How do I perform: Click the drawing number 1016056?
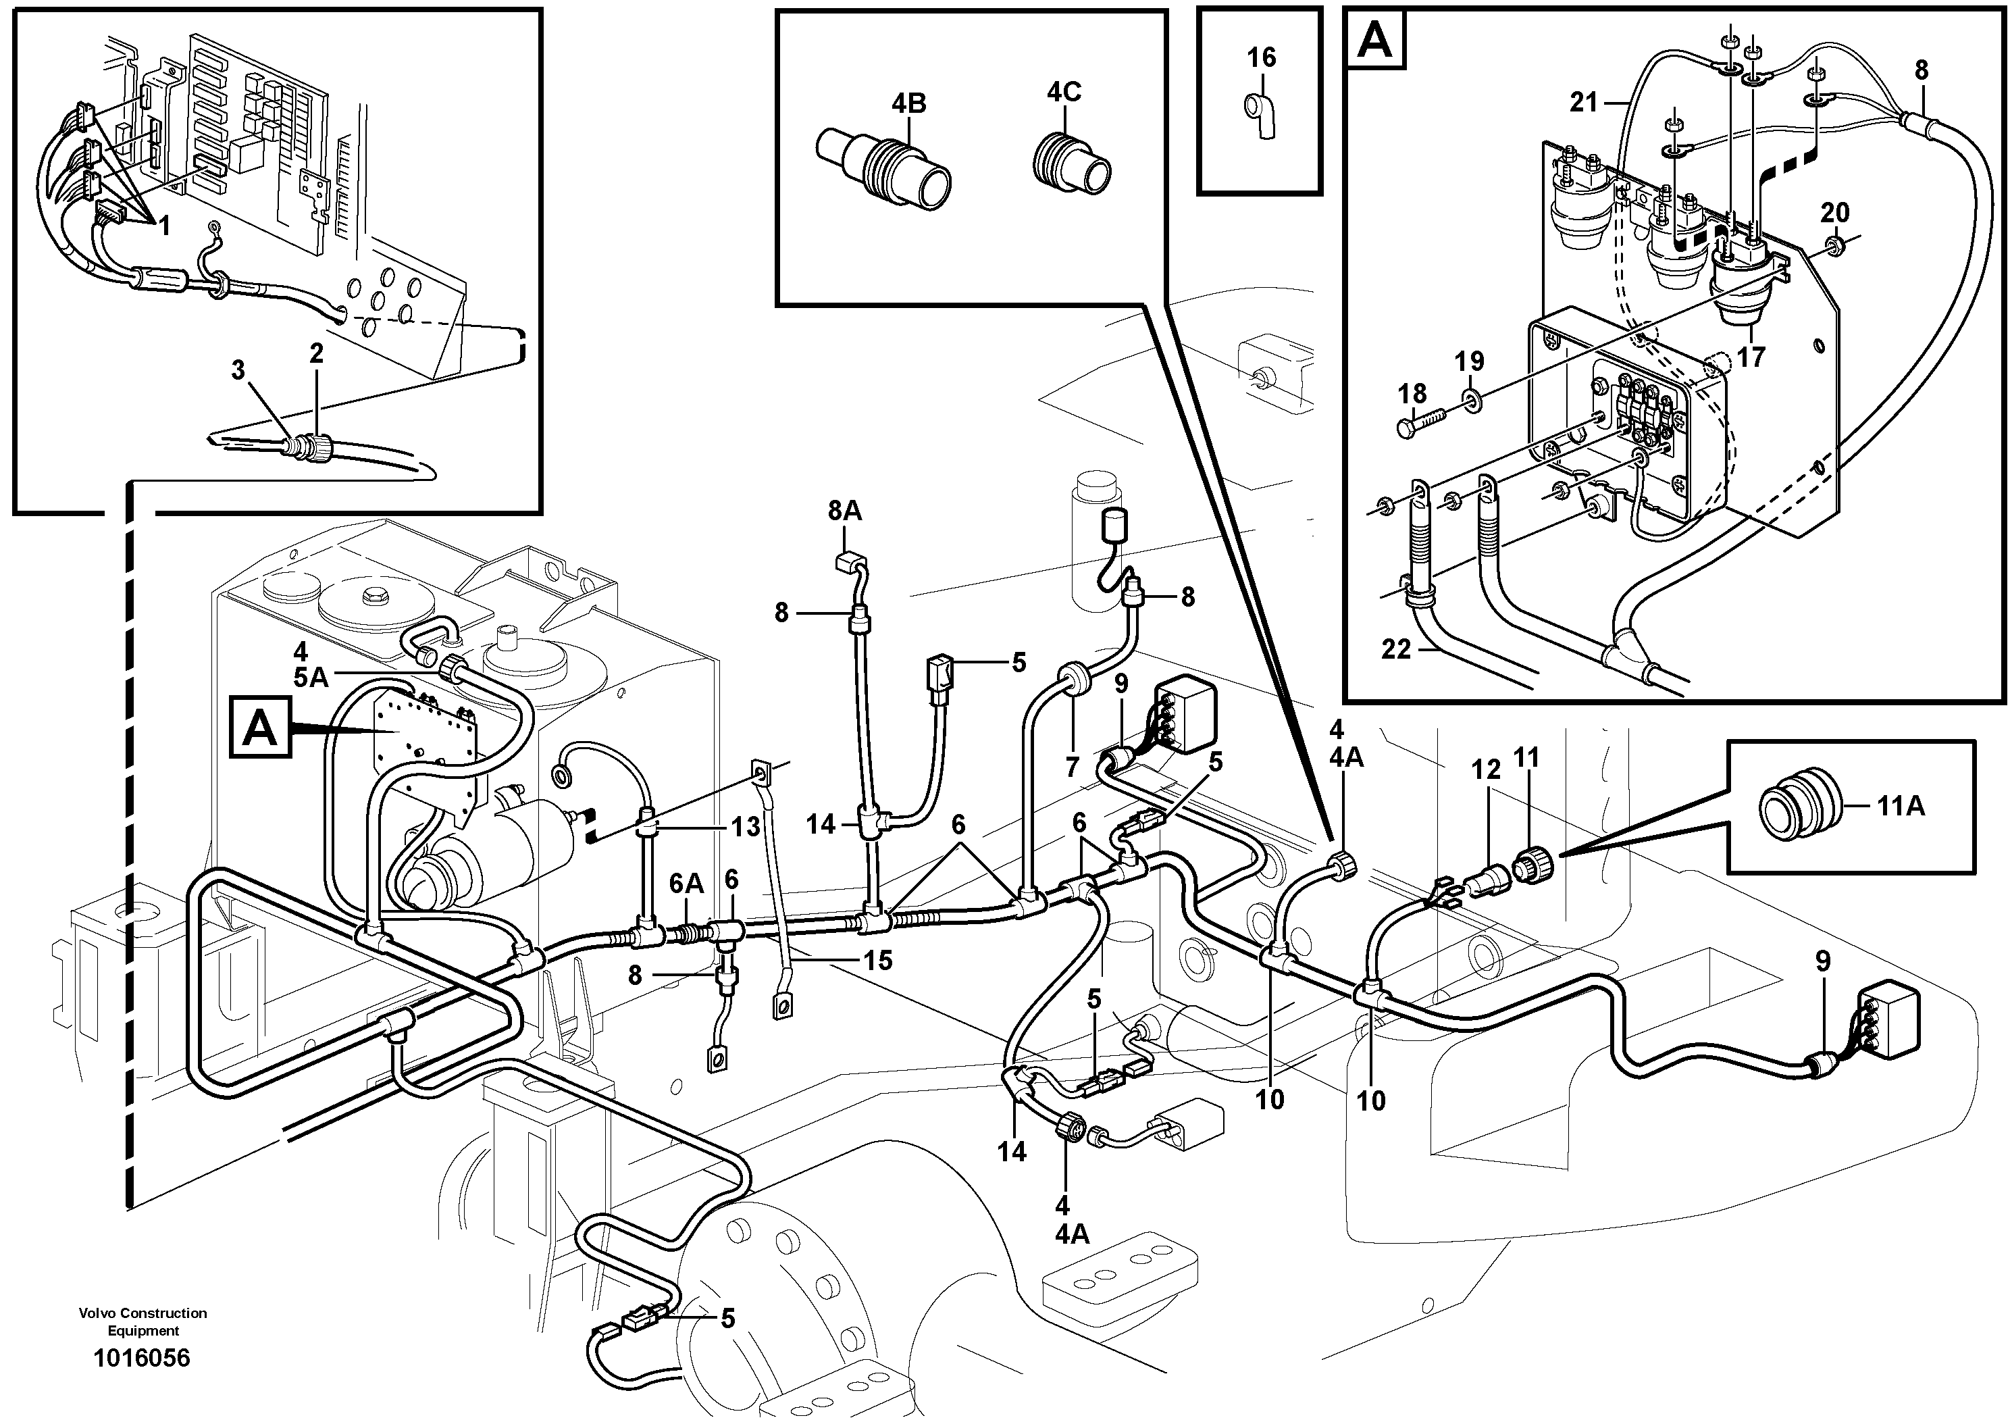pos(142,1358)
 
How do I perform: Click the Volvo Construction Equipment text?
pos(143,1321)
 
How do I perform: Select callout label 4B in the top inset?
pos(908,103)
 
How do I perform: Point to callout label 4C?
pos(1064,91)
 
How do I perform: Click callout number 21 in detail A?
pos(1584,103)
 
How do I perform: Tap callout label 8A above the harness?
pos(844,511)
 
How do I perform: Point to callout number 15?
pos(877,961)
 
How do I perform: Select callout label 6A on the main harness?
pos(686,884)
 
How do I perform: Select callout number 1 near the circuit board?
pos(163,226)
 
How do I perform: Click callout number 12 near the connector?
pos(1486,769)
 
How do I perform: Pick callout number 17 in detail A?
pos(1751,357)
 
